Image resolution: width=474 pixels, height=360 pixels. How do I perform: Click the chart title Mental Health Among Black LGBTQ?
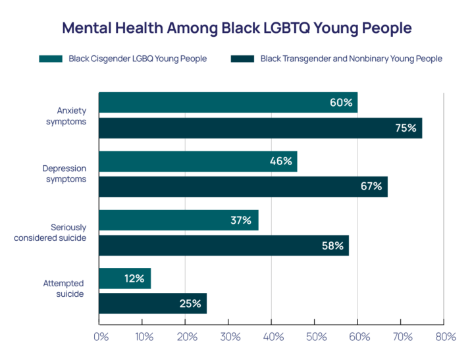coord(236,28)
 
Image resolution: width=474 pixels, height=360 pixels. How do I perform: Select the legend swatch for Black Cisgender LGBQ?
coord(51,59)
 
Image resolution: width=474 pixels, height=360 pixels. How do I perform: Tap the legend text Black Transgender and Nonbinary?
coord(351,59)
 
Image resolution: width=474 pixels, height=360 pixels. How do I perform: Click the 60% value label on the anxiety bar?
coord(341,103)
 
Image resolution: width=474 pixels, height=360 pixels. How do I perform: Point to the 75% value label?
coord(406,128)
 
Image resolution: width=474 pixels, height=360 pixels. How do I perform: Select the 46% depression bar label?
coord(281,161)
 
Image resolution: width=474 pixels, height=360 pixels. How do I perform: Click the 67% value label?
coord(371,186)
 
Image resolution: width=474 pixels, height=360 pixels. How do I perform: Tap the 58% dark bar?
coord(224,245)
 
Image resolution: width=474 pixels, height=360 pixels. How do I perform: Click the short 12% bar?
coord(124,278)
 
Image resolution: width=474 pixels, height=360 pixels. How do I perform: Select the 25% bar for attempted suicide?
coord(153,303)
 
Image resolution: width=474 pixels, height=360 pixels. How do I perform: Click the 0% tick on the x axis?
coord(101,337)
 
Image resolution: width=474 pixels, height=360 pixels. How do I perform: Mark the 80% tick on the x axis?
coord(445,337)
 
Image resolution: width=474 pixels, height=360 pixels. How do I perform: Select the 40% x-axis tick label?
coord(273,337)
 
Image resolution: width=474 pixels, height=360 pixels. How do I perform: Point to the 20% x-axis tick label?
coord(186,337)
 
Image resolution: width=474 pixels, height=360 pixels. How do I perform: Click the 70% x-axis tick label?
coord(402,337)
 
